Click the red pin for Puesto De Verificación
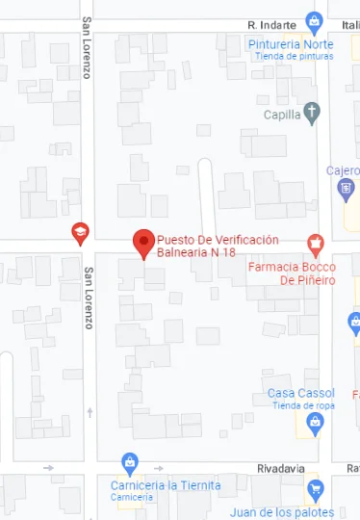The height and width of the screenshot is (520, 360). (x=144, y=243)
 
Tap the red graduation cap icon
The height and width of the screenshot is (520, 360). (x=80, y=232)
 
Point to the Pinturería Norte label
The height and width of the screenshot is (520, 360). (x=290, y=44)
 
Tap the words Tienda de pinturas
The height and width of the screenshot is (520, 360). (x=294, y=56)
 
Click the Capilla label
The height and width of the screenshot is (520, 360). (x=282, y=115)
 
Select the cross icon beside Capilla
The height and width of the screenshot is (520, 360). (x=311, y=113)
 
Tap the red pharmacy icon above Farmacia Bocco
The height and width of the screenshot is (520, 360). (x=314, y=243)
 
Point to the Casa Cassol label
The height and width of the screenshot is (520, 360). (x=300, y=393)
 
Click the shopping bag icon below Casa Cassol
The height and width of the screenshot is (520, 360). (x=314, y=422)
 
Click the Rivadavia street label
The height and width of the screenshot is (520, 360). (x=281, y=468)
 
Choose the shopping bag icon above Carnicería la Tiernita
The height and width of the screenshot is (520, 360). (x=131, y=463)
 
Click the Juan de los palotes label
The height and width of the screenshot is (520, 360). (x=282, y=512)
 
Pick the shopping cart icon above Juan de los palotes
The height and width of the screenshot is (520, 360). (x=314, y=491)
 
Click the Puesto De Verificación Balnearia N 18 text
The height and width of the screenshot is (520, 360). (x=217, y=246)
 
